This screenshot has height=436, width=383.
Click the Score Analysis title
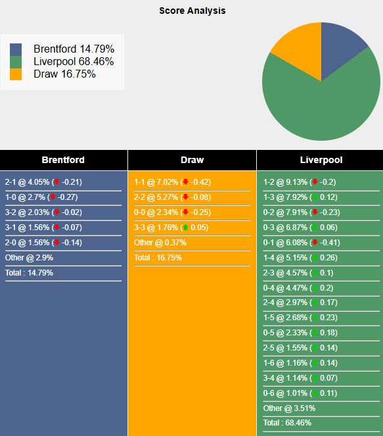point(192,11)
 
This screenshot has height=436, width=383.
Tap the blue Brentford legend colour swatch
point(16,49)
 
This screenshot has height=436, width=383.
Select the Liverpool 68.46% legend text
point(74,62)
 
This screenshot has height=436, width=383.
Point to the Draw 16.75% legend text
point(64,74)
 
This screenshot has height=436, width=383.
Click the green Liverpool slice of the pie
point(322,105)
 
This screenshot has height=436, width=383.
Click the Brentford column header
point(63,160)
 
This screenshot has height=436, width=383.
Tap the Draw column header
point(192,160)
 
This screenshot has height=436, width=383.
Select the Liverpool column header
point(321,160)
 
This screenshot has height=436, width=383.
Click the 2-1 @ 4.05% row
point(43,182)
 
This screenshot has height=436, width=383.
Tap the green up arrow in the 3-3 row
point(186,228)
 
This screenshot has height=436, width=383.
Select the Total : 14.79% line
point(30,273)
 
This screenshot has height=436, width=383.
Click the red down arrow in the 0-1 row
point(315,243)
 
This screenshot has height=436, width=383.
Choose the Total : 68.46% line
point(287,423)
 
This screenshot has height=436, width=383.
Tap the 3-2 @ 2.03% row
point(43,212)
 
